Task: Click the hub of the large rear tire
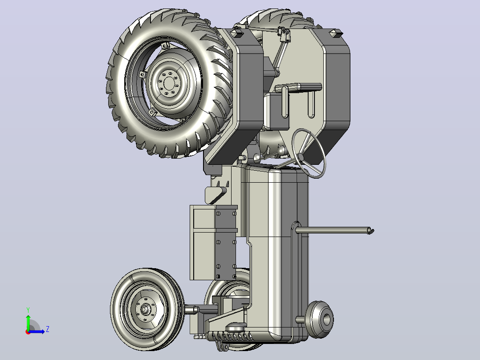click(x=169, y=82)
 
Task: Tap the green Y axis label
click(x=28, y=310)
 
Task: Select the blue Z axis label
click(x=48, y=329)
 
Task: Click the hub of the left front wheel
click(x=144, y=309)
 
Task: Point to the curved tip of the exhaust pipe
click(x=370, y=231)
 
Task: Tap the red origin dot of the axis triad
click(x=28, y=332)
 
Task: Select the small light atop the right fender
click(x=336, y=33)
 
